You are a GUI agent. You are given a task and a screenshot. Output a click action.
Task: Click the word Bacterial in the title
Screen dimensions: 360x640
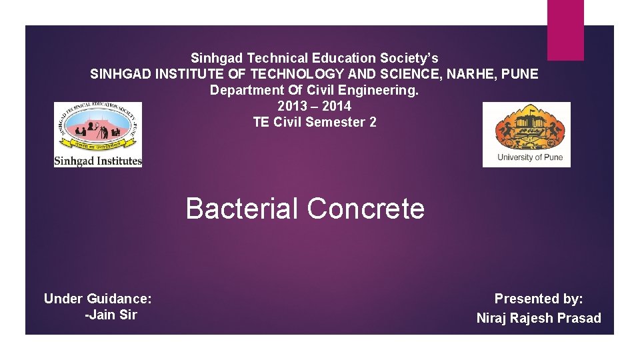242,209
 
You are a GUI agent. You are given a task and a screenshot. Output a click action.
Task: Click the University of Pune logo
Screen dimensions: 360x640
527,134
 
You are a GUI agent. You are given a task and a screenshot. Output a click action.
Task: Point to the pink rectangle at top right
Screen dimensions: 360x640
565,30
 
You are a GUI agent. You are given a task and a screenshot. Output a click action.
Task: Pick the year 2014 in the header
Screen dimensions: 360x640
337,106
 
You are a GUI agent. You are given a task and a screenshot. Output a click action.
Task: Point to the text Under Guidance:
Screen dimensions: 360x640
97,299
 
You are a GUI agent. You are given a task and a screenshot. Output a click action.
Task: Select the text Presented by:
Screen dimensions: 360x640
539,299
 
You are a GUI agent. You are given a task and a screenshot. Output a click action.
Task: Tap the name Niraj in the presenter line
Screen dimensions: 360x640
492,318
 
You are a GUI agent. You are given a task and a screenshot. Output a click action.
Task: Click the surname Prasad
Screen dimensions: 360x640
578,318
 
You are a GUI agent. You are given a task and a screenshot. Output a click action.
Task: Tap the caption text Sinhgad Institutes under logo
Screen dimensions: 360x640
98,161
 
